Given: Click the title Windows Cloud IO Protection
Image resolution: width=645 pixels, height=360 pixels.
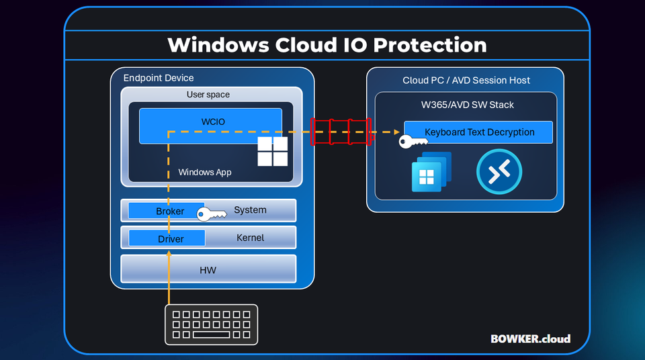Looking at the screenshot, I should coord(327,45).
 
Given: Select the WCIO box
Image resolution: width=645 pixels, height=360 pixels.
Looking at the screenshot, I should coord(210,121).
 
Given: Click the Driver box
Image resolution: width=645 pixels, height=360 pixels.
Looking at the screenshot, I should coord(168,238).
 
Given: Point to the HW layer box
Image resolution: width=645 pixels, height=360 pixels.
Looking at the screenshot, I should coord(208,270).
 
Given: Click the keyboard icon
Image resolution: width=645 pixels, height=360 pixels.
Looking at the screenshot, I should coord(212,324).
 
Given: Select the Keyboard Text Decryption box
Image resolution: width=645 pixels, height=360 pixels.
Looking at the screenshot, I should coord(478,132).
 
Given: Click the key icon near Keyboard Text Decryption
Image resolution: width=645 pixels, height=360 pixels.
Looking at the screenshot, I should coord(411,142).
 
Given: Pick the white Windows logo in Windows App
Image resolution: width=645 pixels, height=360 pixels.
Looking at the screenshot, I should coord(273,152).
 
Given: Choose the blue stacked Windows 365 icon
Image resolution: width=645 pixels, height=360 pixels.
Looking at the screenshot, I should coord(431,173).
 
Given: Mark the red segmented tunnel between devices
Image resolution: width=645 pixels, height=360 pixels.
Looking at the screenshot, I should coord(341,132).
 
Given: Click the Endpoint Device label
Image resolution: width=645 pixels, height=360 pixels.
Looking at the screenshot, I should coord(158,78).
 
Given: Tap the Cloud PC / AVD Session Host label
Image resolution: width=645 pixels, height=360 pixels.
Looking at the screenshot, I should coord(466,81).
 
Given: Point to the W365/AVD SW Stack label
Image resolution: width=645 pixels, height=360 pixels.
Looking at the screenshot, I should coord(466,104).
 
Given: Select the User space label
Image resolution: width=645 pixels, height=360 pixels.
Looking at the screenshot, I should coord(208,95).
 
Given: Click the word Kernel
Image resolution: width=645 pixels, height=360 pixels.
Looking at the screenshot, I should coord(250,238).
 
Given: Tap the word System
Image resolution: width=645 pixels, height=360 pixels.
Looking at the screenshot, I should coord(250,210).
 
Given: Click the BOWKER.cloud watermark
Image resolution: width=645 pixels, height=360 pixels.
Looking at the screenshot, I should coord(530,339).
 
